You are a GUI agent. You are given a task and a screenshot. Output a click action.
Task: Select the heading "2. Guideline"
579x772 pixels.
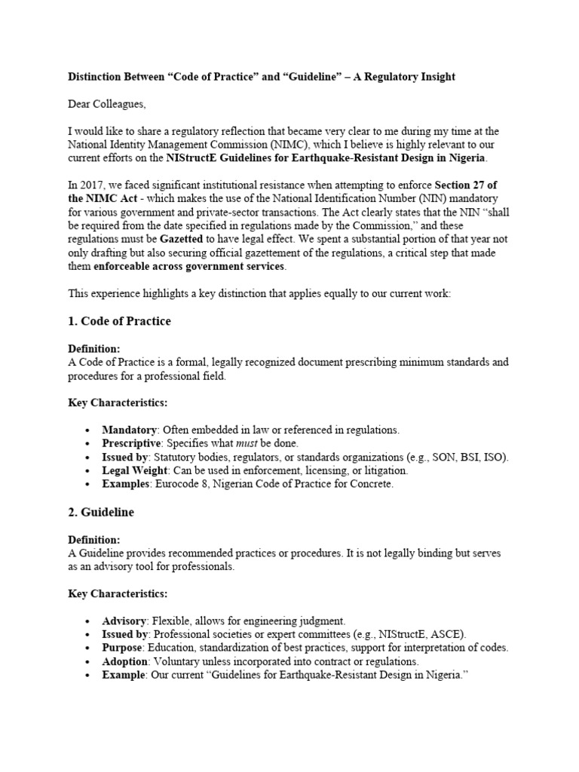click(x=101, y=512)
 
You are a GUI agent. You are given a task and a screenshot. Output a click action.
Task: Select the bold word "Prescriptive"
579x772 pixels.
click(x=131, y=443)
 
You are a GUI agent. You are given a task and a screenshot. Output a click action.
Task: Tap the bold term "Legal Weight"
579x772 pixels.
click(x=133, y=470)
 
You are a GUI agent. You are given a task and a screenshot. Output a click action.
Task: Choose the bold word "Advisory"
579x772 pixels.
click(x=125, y=620)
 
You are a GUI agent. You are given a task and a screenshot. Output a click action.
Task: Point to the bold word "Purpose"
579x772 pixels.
click(x=122, y=648)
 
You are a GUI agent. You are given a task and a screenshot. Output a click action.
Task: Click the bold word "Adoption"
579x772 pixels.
click(x=125, y=661)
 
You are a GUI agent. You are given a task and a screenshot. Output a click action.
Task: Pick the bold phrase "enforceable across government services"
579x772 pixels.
click(x=189, y=267)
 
